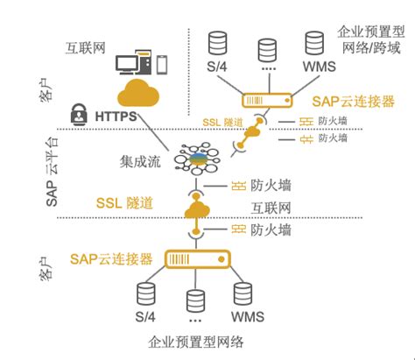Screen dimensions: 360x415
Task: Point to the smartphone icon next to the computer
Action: (163, 63)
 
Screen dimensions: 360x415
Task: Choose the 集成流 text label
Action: (140, 160)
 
